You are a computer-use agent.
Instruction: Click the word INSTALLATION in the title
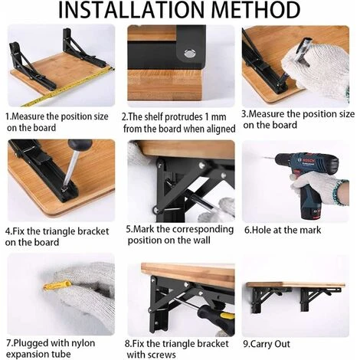132,10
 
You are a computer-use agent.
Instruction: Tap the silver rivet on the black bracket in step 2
190,54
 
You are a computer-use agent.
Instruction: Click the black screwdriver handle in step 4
80,145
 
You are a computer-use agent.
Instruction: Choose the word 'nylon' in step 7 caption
82,343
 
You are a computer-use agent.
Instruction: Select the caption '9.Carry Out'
267,344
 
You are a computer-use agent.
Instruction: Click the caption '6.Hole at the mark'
283,230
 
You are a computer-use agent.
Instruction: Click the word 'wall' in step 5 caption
201,241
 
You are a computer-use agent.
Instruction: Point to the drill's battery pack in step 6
312,211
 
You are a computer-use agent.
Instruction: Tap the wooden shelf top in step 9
296,285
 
